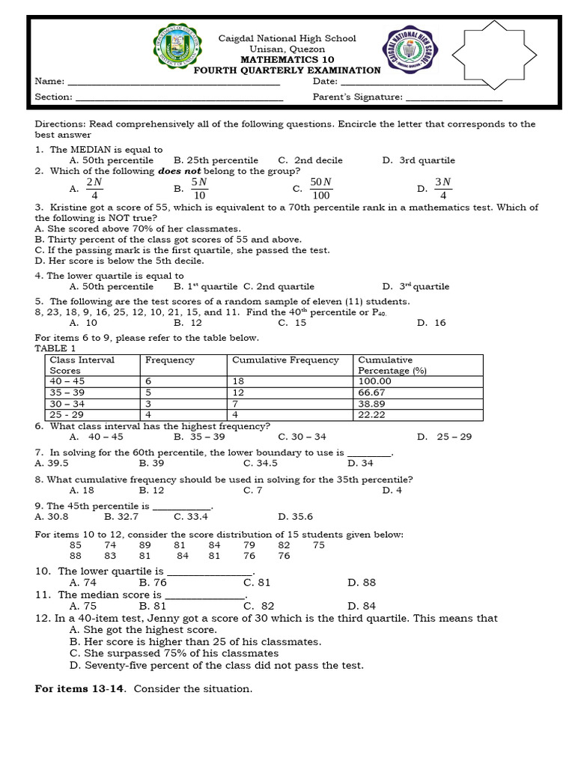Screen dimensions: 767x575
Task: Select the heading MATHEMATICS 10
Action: coord(287,60)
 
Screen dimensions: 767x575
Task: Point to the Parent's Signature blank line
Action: coord(454,97)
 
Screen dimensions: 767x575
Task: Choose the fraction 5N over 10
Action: coord(198,189)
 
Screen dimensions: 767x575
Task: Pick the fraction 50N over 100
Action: coord(320,189)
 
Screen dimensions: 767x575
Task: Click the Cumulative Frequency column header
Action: coord(285,360)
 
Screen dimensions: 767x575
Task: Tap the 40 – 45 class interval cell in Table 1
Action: coord(64,381)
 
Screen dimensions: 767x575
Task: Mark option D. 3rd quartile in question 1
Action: coord(418,160)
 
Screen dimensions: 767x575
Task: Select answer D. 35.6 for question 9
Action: coord(295,516)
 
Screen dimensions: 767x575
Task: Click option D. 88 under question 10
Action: coord(362,582)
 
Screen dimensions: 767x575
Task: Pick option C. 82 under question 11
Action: coord(258,606)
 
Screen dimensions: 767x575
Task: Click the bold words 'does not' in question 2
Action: coord(174,171)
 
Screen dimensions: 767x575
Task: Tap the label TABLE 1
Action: coord(55,348)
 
